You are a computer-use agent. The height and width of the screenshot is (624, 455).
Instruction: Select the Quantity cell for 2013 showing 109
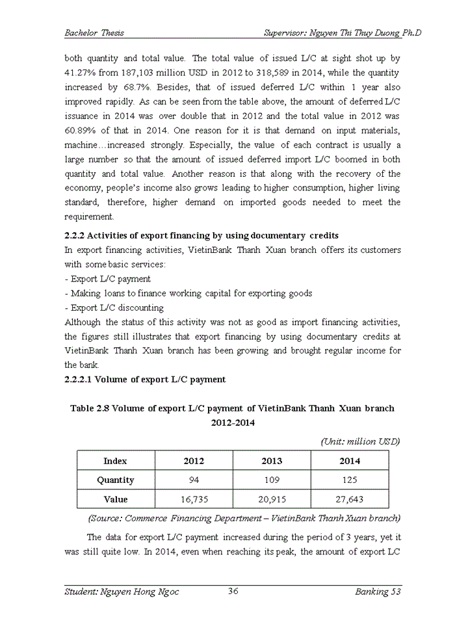pos(272,480)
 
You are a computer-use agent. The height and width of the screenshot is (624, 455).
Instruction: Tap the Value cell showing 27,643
pos(350,499)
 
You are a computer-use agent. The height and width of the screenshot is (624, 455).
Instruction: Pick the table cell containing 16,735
pos(194,499)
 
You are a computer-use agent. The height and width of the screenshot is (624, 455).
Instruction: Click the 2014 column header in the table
pos(350,461)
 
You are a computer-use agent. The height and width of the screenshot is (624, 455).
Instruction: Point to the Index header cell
pos(116,461)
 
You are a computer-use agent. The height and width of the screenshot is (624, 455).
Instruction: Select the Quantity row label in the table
pos(116,480)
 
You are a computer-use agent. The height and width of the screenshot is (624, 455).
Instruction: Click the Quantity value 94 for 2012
pos(194,480)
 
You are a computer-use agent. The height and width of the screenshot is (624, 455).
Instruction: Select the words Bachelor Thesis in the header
pos(94,32)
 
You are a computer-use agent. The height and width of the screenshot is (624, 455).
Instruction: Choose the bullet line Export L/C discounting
pos(114,307)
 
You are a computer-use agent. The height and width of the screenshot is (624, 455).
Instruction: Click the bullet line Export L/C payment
pos(108,279)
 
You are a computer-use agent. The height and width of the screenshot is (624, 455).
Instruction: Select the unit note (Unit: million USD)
pos(361,441)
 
